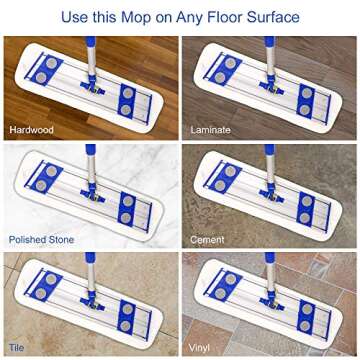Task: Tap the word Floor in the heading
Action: (222, 17)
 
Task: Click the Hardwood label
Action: (31, 130)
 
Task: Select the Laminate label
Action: (210, 130)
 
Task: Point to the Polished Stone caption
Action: (41, 239)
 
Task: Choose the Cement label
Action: (207, 239)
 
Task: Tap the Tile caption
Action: (17, 348)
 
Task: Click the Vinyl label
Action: (199, 348)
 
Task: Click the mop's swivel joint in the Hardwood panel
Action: (92, 86)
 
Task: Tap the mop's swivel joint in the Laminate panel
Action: (271, 86)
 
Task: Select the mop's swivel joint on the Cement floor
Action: (271, 194)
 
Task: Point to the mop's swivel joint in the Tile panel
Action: (92, 302)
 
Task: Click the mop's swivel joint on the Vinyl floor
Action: (271, 302)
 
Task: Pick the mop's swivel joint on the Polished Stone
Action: (92, 194)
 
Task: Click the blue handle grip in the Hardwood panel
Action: (90, 41)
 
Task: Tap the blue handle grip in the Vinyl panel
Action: (270, 258)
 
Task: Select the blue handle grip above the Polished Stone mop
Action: (90, 150)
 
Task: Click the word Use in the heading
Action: (72, 17)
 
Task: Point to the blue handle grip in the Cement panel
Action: (270, 150)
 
